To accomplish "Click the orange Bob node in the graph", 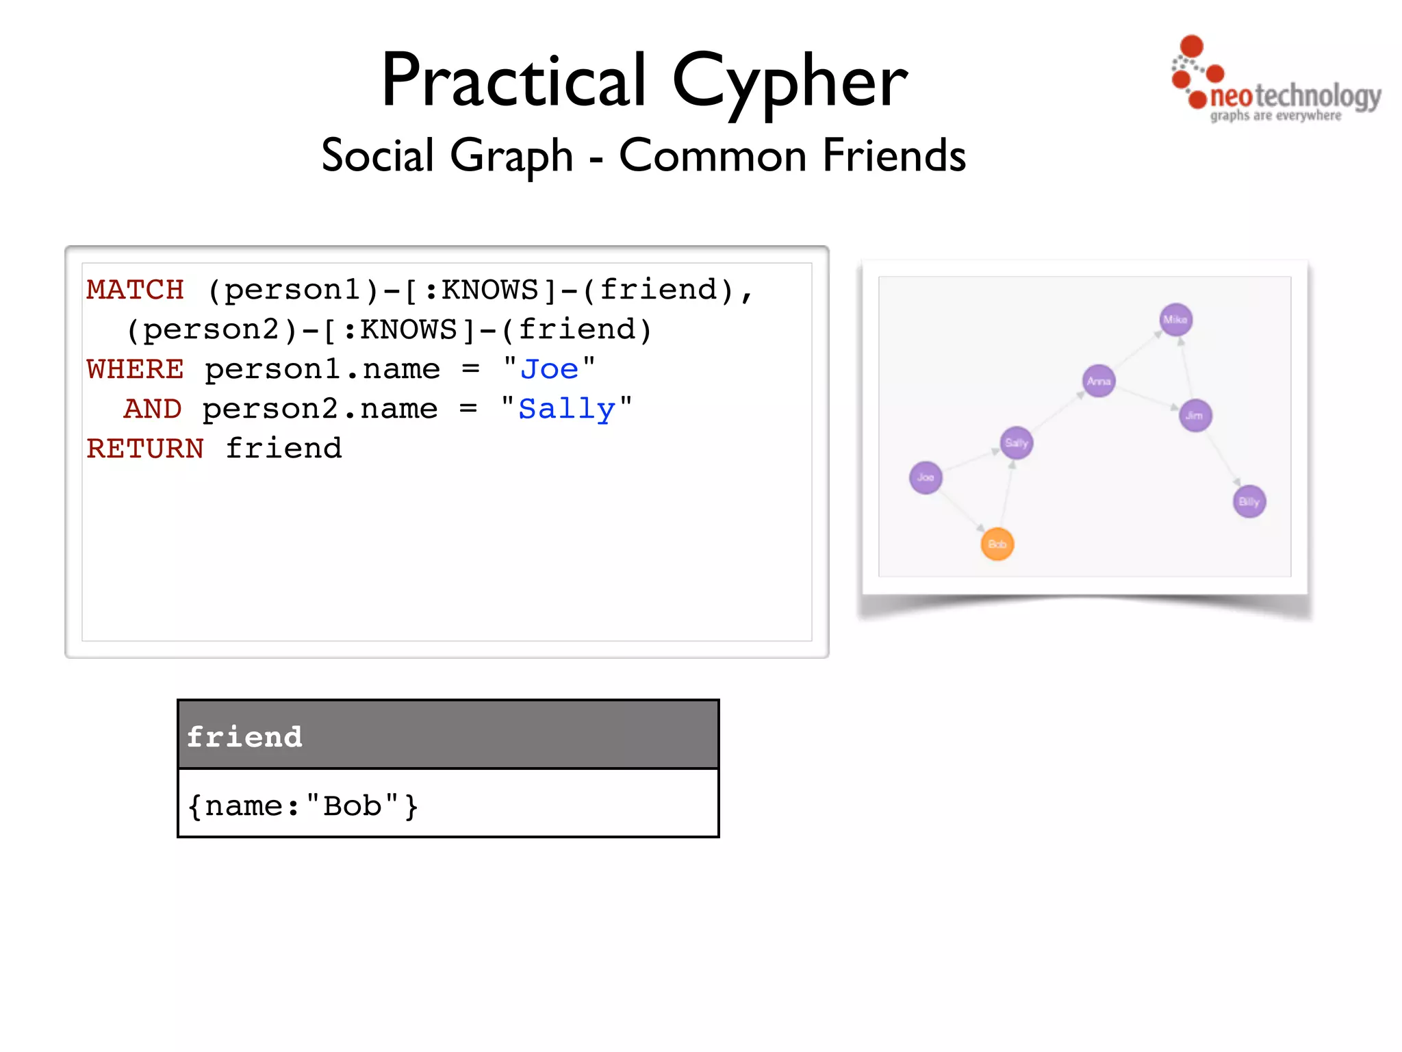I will (x=997, y=544).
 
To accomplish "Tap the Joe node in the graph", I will (x=926, y=477).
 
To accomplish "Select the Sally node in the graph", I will (x=1017, y=442).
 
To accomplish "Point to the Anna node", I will (x=1099, y=381).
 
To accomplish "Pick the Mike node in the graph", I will (x=1176, y=320).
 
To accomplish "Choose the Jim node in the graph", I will (x=1195, y=415).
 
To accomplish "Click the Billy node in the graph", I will (x=1249, y=501).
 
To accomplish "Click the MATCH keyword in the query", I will (x=136, y=290).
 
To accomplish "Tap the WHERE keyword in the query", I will (x=136, y=369).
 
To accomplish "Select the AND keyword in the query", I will (x=153, y=409).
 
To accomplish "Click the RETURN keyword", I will (x=145, y=449).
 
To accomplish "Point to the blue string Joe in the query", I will (x=549, y=369).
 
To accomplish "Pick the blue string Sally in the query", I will (x=566, y=410).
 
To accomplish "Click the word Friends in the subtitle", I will (x=893, y=155).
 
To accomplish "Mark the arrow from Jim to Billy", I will (x=1223, y=459).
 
